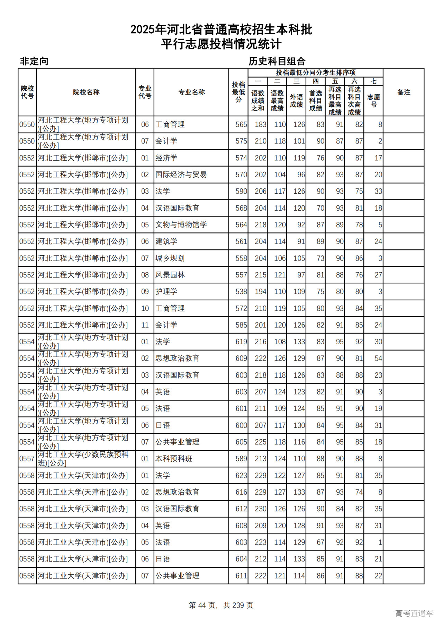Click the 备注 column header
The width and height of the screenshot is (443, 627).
[404, 92]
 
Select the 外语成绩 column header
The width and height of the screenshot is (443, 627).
[296, 100]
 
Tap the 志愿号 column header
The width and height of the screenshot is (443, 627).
[373, 100]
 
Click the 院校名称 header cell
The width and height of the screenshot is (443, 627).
[86, 92]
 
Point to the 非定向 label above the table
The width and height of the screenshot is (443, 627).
[34, 61]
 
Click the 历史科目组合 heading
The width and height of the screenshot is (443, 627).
[277, 61]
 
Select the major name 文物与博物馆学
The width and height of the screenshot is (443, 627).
[181, 225]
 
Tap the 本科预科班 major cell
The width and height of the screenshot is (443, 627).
[174, 459]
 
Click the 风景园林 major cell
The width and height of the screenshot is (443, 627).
[170, 275]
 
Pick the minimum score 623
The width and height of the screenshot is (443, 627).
[241, 476]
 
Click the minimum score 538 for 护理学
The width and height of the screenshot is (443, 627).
[241, 292]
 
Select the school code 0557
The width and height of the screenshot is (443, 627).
[27, 459]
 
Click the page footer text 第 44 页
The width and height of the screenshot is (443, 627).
[202, 605]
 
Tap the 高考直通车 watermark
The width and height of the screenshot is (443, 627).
[414, 613]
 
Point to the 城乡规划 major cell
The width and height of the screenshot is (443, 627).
[170, 258]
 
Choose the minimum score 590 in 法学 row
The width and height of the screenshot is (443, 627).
[241, 191]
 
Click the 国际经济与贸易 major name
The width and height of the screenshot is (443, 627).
[181, 175]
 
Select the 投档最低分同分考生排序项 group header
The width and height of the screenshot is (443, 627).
[315, 72]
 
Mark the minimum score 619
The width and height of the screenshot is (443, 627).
[241, 342]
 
